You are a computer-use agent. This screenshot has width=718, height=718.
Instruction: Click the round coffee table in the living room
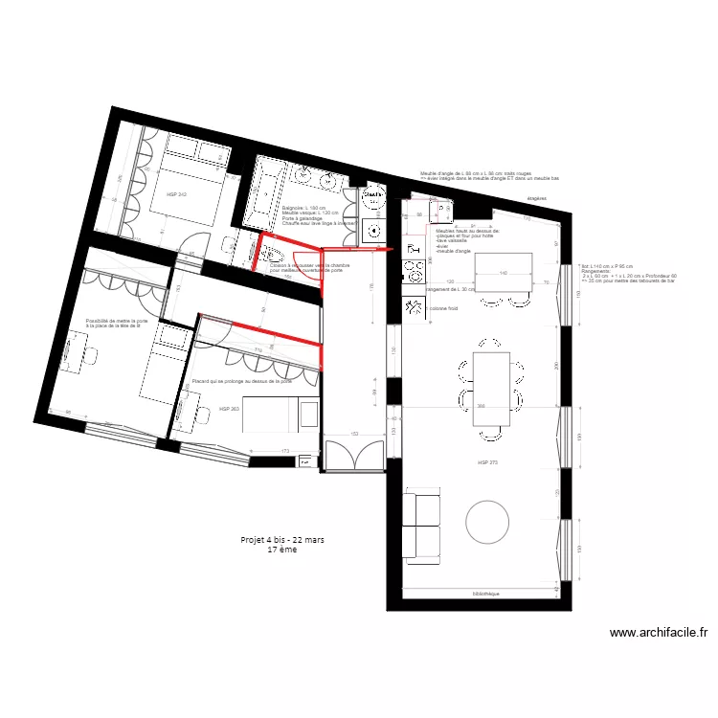point(489,522)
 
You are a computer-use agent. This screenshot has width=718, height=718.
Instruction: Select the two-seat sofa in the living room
point(419,525)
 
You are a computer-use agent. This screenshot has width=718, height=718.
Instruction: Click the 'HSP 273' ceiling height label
point(488,462)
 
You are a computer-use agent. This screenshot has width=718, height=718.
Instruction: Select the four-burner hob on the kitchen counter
point(415,272)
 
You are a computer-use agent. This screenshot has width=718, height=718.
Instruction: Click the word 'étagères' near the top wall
point(538,200)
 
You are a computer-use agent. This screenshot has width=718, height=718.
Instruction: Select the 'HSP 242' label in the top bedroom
point(177,194)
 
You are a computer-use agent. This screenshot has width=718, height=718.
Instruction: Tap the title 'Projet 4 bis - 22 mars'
point(282,540)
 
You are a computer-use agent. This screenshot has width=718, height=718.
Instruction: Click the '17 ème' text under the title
point(282,550)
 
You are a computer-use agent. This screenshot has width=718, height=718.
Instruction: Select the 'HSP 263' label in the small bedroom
point(228,409)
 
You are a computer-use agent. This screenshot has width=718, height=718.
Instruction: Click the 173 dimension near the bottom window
point(285,450)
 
